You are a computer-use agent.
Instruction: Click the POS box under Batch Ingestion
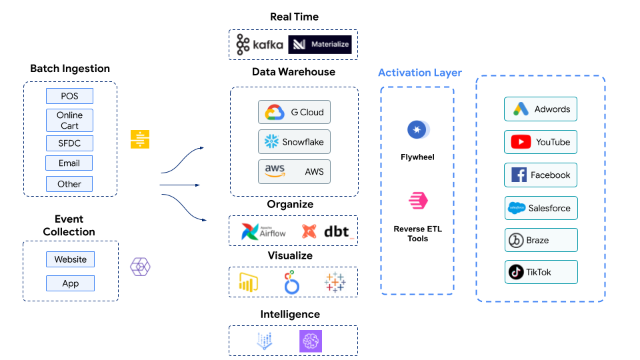pos(70,96)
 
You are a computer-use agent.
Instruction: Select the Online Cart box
pos(70,121)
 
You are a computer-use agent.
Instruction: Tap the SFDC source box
pos(70,143)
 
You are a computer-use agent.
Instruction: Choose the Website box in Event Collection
pos(70,259)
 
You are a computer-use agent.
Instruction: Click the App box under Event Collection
pos(70,283)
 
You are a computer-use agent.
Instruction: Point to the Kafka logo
pos(259,45)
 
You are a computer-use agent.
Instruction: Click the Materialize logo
pos(319,45)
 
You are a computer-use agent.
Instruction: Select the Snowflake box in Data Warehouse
pos(294,142)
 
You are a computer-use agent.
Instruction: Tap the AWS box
pos(294,171)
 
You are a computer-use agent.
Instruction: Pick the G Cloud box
pos(294,112)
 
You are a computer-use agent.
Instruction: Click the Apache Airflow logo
pos(263,231)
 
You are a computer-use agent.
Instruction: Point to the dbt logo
pos(327,231)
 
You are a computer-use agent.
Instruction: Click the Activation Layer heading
pos(420,73)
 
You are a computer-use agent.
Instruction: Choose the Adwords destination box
pos(540,109)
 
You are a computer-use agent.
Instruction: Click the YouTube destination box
pos(540,142)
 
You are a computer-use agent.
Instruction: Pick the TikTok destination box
pos(540,272)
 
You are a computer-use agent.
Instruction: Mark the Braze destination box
pos(540,240)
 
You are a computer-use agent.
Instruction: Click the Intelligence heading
pos(290,314)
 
